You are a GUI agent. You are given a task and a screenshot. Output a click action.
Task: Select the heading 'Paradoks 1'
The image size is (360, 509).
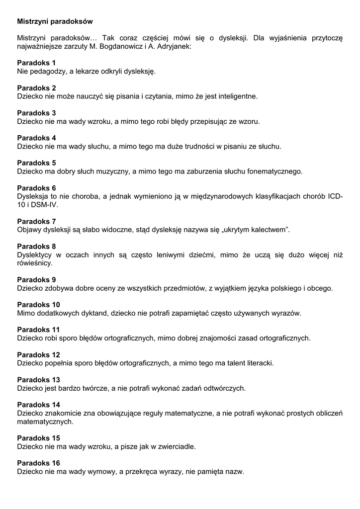(x=36, y=63)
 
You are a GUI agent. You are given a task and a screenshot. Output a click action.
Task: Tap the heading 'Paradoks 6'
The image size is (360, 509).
(x=36, y=188)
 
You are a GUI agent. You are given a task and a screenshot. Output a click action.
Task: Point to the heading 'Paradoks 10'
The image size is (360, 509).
(x=38, y=304)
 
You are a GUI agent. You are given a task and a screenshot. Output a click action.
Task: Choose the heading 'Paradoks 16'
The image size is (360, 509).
(x=38, y=463)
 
